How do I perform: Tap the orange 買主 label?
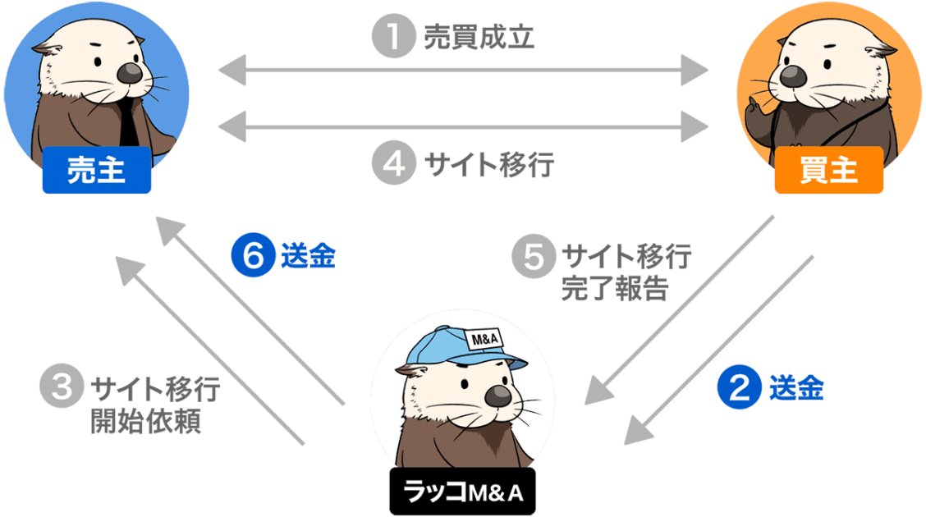(x=828, y=170)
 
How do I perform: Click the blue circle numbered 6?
(x=251, y=256)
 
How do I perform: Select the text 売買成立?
(x=479, y=38)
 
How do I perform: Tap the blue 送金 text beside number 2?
(x=796, y=388)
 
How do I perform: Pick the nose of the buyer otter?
(x=792, y=75)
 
